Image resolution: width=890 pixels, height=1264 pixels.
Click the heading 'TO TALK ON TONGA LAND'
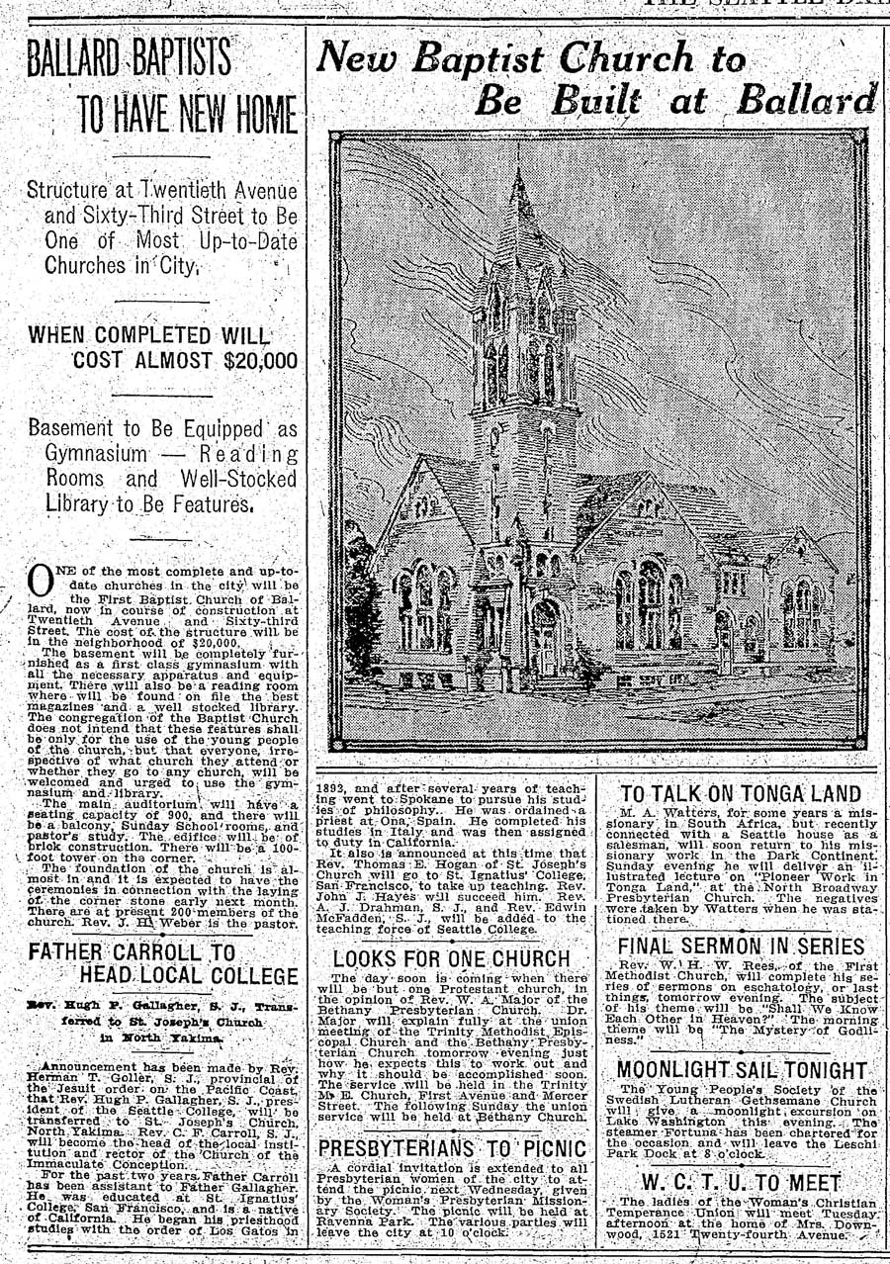click(x=741, y=793)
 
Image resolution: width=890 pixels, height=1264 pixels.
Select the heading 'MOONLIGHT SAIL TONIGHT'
click(x=742, y=1071)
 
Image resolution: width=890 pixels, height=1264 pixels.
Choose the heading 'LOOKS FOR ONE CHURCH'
click(x=451, y=958)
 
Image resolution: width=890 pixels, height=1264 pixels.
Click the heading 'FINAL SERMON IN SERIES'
click(x=741, y=947)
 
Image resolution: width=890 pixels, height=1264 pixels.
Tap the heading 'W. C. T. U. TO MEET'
click(x=742, y=1183)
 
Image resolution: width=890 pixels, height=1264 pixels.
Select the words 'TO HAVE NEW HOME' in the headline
click(x=187, y=116)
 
